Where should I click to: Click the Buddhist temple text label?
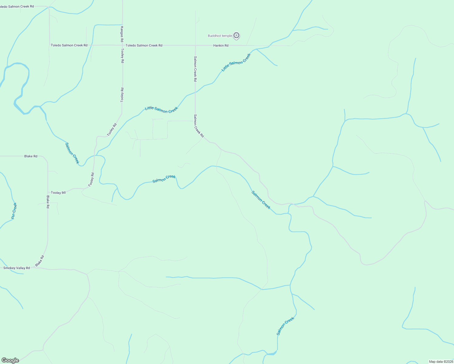tap(220, 36)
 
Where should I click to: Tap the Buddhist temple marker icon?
tap(237, 36)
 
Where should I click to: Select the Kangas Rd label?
tap(122, 34)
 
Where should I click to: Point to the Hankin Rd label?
tap(221, 45)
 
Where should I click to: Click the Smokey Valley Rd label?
tap(16, 268)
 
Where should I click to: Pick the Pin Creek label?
tap(14, 211)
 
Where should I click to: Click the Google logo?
tap(10, 360)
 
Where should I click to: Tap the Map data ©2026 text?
tap(441, 362)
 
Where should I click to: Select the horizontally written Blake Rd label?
tap(31, 156)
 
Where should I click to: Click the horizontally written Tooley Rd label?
tap(58, 193)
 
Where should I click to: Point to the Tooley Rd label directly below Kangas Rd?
tap(122, 56)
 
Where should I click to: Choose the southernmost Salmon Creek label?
tap(285, 326)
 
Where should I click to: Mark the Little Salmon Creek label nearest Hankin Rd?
tap(236, 62)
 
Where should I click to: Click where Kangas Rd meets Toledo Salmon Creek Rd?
tap(122, 45)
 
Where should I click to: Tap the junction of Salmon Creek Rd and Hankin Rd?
tap(195, 45)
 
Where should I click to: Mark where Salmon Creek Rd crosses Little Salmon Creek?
tap(195, 92)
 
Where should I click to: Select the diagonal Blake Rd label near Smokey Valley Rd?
tap(40, 261)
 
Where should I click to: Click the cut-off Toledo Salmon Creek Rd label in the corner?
tap(16, 6)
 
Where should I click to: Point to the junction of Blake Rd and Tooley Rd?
tap(48, 192)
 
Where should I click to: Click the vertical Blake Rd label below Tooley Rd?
tap(48, 202)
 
